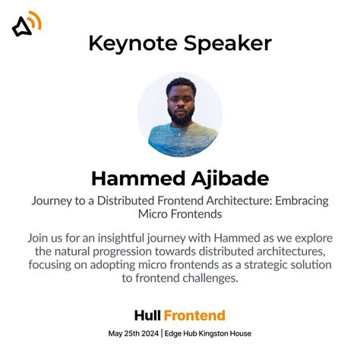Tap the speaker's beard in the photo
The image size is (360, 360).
tap(180, 116)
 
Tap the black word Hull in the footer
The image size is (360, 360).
tap(147, 315)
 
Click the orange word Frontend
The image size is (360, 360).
tap(194, 315)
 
